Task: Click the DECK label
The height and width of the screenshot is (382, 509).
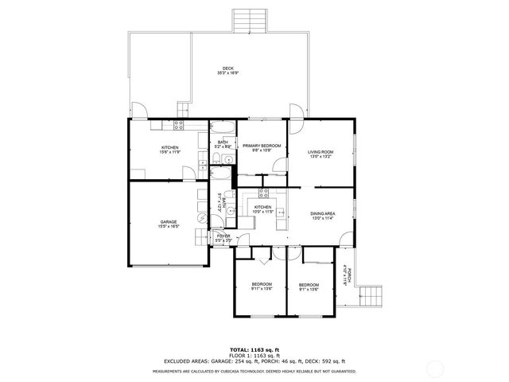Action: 228,68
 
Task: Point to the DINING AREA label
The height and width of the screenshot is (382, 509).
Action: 321,213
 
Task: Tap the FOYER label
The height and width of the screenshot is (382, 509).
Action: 223,236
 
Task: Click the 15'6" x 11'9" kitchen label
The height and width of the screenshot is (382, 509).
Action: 169,147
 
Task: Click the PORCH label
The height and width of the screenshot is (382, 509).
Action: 346,275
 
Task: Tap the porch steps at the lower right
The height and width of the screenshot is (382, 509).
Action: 372,299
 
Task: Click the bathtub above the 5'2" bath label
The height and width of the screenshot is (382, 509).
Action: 223,129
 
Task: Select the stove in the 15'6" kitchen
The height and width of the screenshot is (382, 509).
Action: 179,124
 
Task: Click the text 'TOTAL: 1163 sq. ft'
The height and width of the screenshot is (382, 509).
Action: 254,349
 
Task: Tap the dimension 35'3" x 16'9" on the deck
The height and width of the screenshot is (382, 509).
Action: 228,73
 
